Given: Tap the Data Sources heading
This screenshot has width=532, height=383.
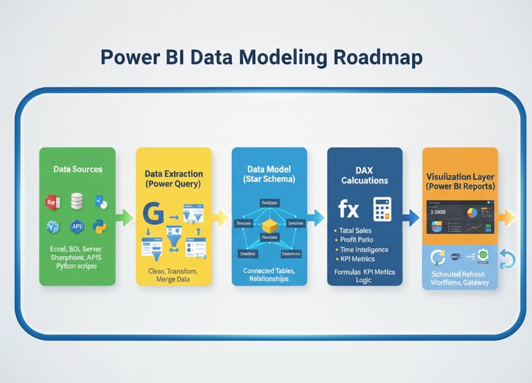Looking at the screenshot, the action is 78,169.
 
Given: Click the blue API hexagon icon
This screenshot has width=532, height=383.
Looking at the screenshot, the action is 76,226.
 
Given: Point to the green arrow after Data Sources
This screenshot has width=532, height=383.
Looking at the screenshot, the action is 125,218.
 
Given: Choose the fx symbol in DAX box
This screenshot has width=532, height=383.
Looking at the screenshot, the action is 348,208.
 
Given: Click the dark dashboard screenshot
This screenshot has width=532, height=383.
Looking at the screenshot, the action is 459,219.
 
